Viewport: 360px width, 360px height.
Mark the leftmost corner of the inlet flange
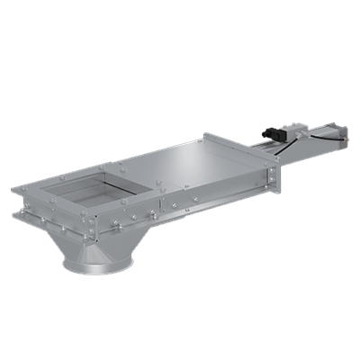click(15, 190)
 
